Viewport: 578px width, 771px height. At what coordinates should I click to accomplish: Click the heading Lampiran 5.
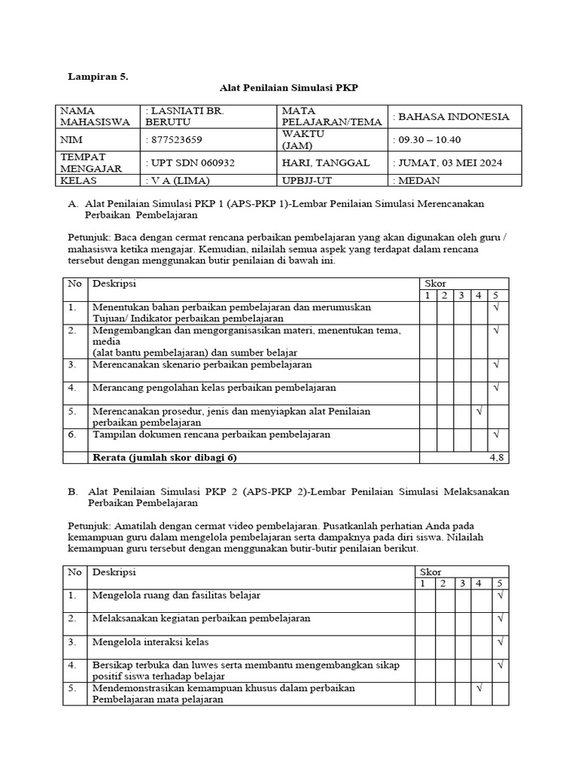point(99,76)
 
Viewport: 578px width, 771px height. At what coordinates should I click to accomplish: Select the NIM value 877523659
point(175,139)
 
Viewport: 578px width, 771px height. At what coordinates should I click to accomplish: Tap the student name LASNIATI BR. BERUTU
point(184,116)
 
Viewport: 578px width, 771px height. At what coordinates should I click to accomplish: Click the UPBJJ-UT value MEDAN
point(420,181)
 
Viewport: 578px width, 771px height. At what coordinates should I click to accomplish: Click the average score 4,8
point(497,457)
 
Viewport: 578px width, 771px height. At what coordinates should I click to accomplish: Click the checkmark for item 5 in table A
point(479,411)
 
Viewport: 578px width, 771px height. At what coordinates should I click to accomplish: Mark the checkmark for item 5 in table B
point(479,688)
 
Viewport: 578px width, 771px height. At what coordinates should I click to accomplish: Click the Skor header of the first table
point(436,283)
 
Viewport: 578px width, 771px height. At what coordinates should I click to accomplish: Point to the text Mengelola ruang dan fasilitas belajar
point(176,595)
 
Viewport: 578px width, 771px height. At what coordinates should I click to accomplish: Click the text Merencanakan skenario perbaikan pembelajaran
point(202,364)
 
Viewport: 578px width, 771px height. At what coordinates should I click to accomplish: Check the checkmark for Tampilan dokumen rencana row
point(497,434)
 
